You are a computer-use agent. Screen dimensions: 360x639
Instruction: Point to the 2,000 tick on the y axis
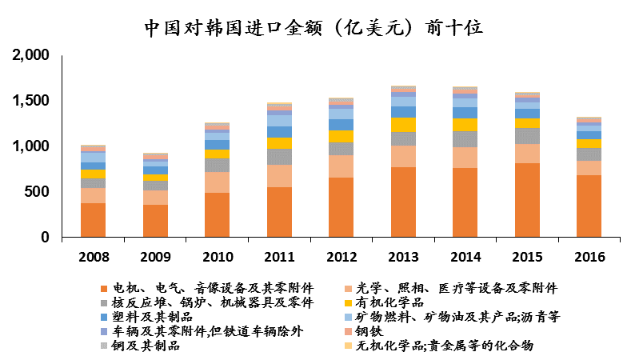[x=32, y=55]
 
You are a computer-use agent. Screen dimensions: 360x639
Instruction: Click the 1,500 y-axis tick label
[x=32, y=101]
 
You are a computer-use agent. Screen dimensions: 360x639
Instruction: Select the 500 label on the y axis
[x=38, y=192]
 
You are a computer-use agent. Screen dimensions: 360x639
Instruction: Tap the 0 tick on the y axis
[x=46, y=238]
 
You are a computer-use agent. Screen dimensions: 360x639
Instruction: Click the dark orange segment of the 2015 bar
[x=527, y=200]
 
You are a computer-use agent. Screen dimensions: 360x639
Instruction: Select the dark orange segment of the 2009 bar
[x=155, y=221]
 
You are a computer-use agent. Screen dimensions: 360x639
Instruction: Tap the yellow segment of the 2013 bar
[x=403, y=125]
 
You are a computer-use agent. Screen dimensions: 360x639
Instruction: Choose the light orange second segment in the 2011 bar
[x=279, y=176]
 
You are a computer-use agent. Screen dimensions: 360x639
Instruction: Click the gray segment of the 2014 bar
[x=465, y=139]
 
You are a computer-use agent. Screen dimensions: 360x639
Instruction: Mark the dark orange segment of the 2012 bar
[x=341, y=207]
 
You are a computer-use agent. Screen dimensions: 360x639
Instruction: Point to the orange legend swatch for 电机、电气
[x=104, y=289]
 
